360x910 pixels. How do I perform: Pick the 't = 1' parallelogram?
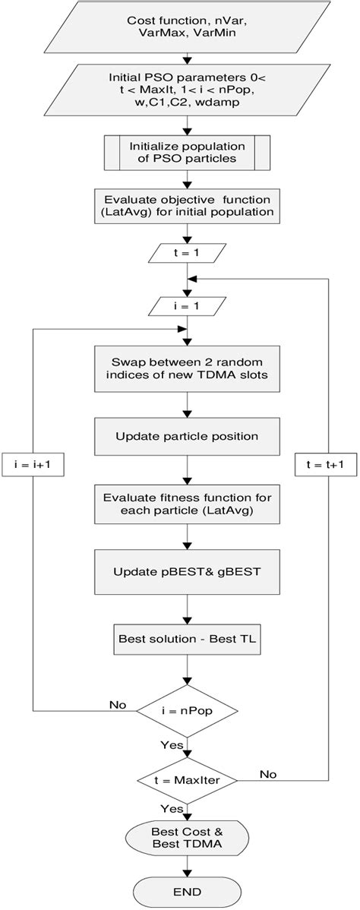click(186, 251)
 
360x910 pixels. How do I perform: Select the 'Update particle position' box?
click(186, 436)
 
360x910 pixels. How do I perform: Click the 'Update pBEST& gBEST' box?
click(186, 570)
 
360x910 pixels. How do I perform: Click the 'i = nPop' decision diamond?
click(186, 711)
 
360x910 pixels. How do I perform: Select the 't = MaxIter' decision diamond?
click(186, 780)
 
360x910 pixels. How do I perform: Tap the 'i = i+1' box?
click(33, 464)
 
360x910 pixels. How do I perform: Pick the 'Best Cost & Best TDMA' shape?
click(186, 839)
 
